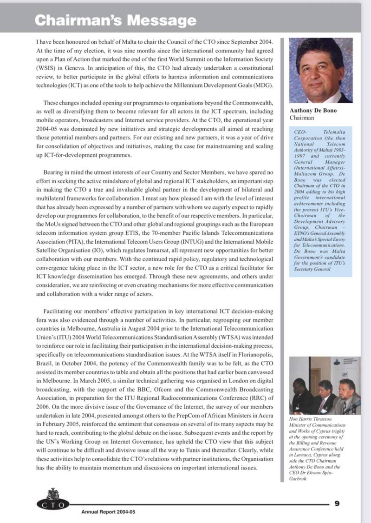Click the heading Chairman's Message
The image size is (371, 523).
point(116,20)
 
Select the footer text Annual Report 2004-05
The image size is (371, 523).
point(108,512)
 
